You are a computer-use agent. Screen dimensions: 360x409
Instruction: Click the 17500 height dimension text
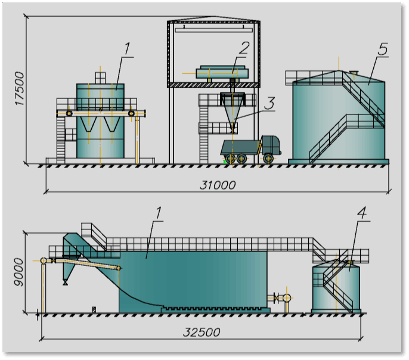(19, 89)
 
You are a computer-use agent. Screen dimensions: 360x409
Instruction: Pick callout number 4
(361, 211)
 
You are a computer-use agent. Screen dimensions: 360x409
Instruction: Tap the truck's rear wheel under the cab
(269, 159)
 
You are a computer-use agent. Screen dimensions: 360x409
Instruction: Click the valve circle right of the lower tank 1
(287, 297)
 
